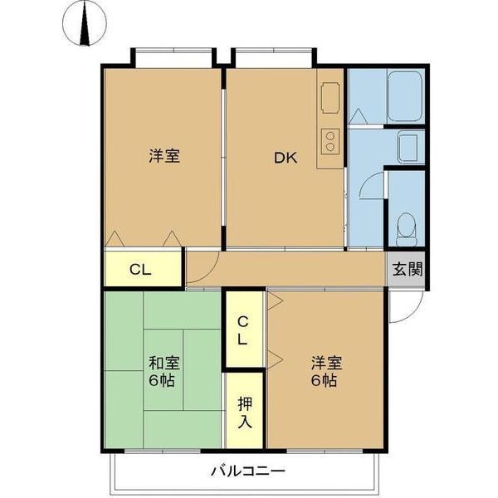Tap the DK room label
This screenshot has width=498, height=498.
[286, 156]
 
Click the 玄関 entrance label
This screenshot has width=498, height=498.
[407, 269]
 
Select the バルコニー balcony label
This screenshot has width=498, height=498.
[247, 471]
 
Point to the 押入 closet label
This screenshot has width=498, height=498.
[246, 413]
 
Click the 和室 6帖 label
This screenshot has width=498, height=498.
[164, 372]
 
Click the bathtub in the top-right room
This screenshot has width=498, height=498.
[405, 96]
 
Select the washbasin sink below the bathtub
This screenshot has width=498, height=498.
[410, 148]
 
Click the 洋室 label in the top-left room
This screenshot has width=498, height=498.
[164, 156]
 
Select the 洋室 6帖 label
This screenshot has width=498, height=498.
[325, 372]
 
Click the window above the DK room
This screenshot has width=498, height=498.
[274, 58]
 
